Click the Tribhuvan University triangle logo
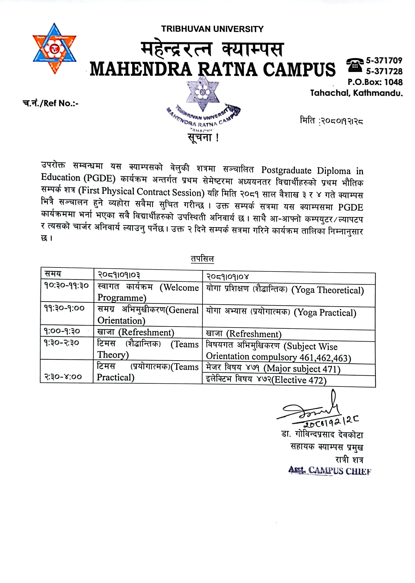click(x=54, y=49)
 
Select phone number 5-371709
click(x=384, y=60)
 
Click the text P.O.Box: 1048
click(x=375, y=82)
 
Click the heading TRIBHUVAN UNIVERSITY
click(x=212, y=29)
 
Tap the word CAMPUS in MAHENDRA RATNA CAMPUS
click(x=299, y=69)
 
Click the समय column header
click(x=53, y=274)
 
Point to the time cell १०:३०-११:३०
click(x=66, y=285)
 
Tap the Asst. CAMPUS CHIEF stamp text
click(x=329, y=470)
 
